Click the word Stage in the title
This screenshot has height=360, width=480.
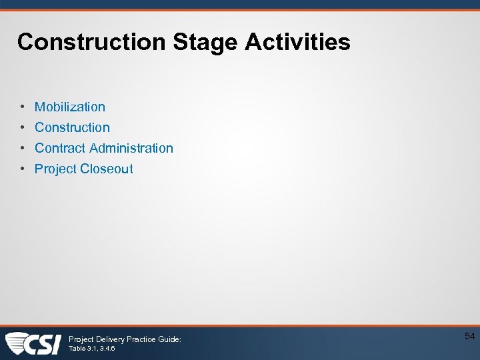coord(206,42)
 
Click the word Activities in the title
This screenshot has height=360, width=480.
coord(297,42)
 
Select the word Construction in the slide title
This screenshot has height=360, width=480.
coord(91,42)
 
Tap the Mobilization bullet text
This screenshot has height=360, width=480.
coord(70,107)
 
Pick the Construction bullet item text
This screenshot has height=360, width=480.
coord(72,127)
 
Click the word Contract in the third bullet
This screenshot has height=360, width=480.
coord(60,148)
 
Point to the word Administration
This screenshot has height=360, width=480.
coord(131,148)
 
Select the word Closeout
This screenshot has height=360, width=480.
coord(107,169)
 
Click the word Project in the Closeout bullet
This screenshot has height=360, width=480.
coord(55,169)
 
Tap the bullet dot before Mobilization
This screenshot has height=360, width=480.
coord(23,107)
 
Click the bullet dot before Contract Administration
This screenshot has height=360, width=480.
coord(23,148)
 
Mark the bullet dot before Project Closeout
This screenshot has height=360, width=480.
coord(23,169)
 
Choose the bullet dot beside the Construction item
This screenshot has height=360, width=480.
coord(23,127)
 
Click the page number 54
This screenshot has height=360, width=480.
coord(469,337)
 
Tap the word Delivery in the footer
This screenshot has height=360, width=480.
coord(109,339)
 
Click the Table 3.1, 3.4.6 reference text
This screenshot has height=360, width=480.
coord(91,349)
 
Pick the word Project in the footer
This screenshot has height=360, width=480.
coord(81,339)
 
